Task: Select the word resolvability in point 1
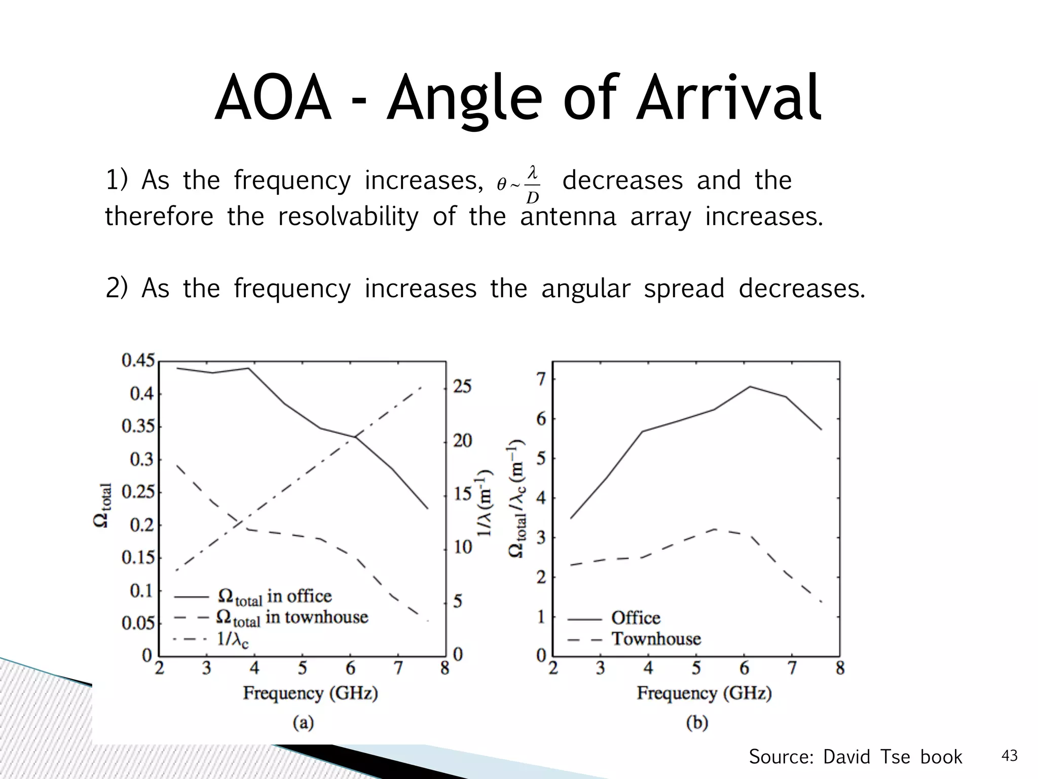pyautogui.click(x=348, y=217)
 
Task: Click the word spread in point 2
pyautogui.click(x=684, y=289)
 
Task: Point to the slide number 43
pyautogui.click(x=1009, y=756)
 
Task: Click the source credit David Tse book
pyautogui.click(x=855, y=757)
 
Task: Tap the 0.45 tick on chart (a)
pyautogui.click(x=137, y=361)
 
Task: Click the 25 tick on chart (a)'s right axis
pyautogui.click(x=462, y=387)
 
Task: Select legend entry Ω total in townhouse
pyautogui.click(x=291, y=618)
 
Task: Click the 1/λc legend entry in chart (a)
pyautogui.click(x=233, y=640)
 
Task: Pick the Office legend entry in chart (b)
pyautogui.click(x=635, y=618)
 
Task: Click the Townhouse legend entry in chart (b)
pyautogui.click(x=656, y=639)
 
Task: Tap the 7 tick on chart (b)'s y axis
pyautogui.click(x=541, y=379)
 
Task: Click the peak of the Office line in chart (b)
pyautogui.click(x=750, y=387)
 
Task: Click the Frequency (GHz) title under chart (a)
pyautogui.click(x=310, y=693)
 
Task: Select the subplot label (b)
pyautogui.click(x=696, y=722)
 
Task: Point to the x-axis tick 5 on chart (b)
pyautogui.click(x=696, y=668)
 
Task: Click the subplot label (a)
pyautogui.click(x=303, y=722)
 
